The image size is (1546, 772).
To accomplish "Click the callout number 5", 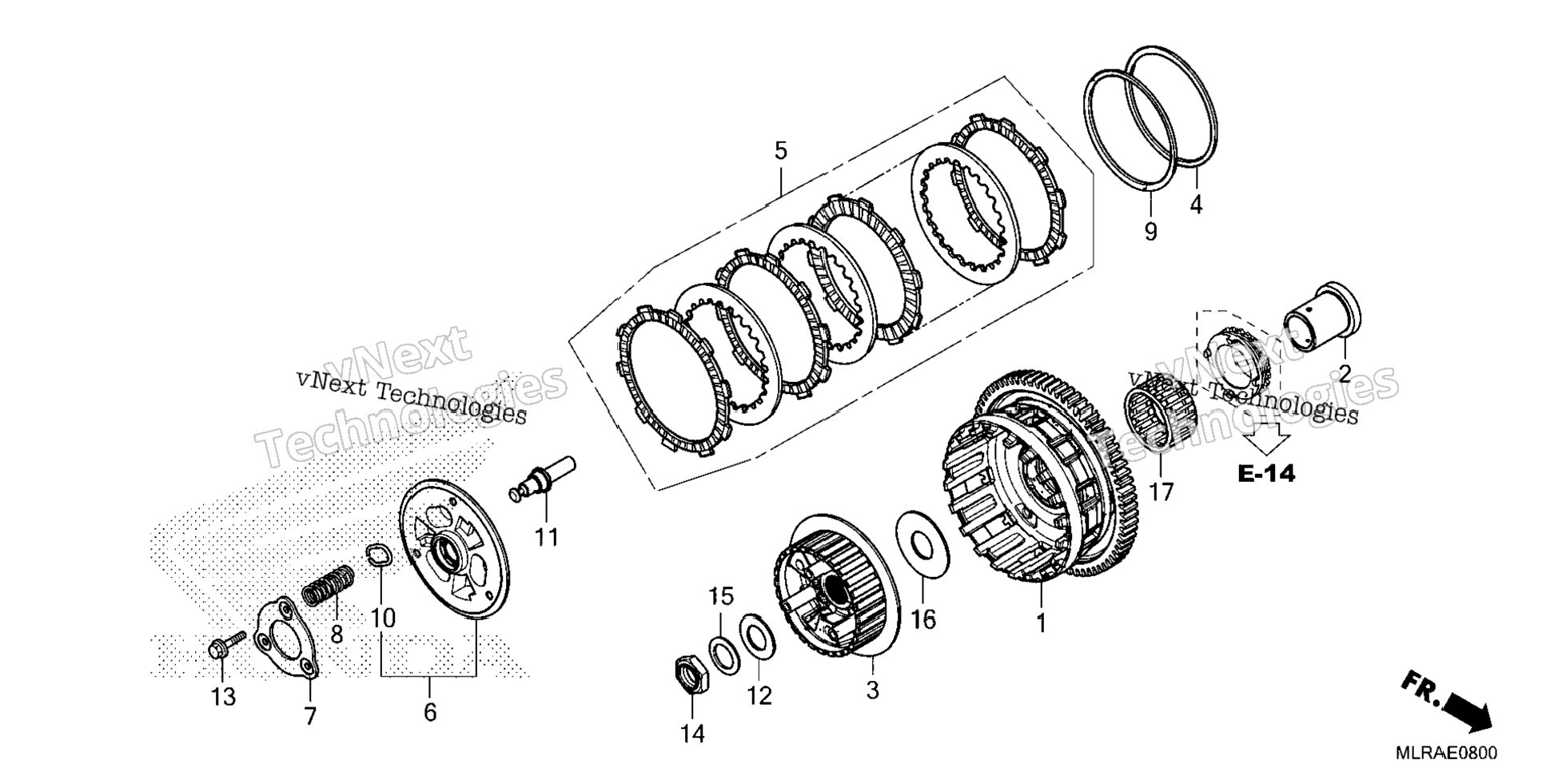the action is coord(780,150).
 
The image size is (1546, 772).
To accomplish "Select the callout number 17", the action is coord(1161,491).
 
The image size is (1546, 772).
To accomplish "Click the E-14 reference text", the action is coord(1265,474).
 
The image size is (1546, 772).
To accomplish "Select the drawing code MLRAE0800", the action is coord(1447,754).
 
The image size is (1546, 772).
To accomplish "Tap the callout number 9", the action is coord(1150,233).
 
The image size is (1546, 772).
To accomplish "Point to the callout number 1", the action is coord(1041,623).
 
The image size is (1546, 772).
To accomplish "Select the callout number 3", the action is coord(872,690).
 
